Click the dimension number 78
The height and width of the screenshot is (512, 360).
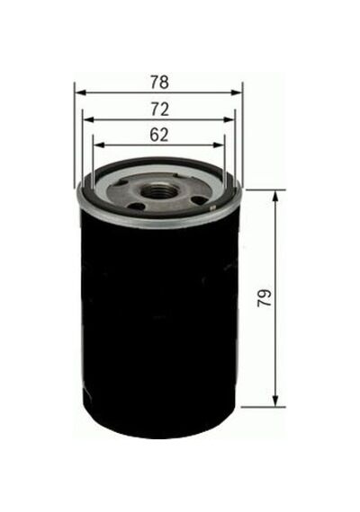click(159, 83)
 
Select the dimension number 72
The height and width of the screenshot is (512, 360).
click(159, 110)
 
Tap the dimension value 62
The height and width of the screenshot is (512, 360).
click(159, 135)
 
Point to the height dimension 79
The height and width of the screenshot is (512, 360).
click(265, 297)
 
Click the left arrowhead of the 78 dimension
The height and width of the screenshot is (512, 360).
click(80, 93)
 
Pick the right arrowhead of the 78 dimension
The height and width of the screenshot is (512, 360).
click(237, 93)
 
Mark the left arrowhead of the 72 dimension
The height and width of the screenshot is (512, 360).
click(88, 119)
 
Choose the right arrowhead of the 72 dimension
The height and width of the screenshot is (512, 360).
click(229, 119)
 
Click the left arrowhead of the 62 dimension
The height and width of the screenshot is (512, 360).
click(99, 145)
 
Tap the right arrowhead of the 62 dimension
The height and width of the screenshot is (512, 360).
click(219, 145)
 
